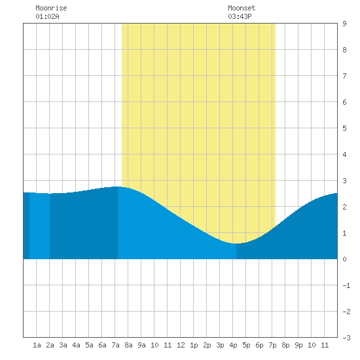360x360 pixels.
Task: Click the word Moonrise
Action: [51, 8]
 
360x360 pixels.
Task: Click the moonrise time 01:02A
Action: [47, 16]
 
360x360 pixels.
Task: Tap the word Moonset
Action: [242, 8]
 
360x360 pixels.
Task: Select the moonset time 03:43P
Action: [240, 16]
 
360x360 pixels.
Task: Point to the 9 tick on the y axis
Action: [344, 24]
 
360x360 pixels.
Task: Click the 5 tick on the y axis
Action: [344, 128]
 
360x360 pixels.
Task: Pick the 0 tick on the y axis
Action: [344, 259]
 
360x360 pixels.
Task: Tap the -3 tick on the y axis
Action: [346, 338]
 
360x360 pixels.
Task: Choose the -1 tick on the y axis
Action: [346, 285]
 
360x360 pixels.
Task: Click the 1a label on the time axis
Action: [37, 345]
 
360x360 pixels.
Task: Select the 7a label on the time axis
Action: [115, 345]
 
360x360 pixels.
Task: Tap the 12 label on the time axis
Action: [181, 345]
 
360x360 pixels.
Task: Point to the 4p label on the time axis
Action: [233, 345]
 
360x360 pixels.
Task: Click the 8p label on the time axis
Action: [285, 345]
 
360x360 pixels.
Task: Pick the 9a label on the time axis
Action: [141, 345]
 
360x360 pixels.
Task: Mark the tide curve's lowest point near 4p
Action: [236, 243]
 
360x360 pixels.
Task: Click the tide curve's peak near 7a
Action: [118, 187]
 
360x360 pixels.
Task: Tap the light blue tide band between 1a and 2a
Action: [39, 226]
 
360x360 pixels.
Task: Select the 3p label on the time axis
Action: [220, 345]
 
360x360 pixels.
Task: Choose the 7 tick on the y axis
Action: [344, 76]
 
